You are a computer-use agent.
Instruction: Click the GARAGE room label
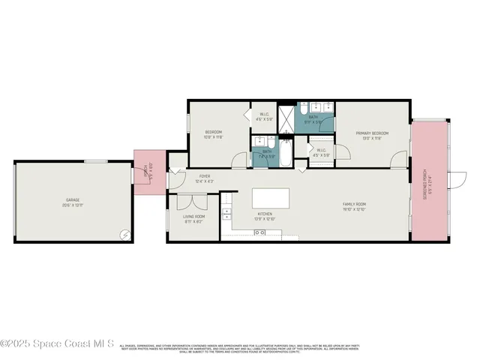[72, 202]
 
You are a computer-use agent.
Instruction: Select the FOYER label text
[205, 178]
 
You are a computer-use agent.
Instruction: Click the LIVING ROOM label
[194, 218]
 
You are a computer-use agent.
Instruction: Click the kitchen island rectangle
[271, 198]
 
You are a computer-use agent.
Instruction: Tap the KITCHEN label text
[265, 216]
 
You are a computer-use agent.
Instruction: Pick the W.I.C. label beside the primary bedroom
[320, 152]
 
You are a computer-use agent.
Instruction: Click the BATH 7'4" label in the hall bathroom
[266, 153]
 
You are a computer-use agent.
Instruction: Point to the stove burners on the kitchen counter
[259, 233]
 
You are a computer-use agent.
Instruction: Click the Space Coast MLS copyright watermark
[57, 344]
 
